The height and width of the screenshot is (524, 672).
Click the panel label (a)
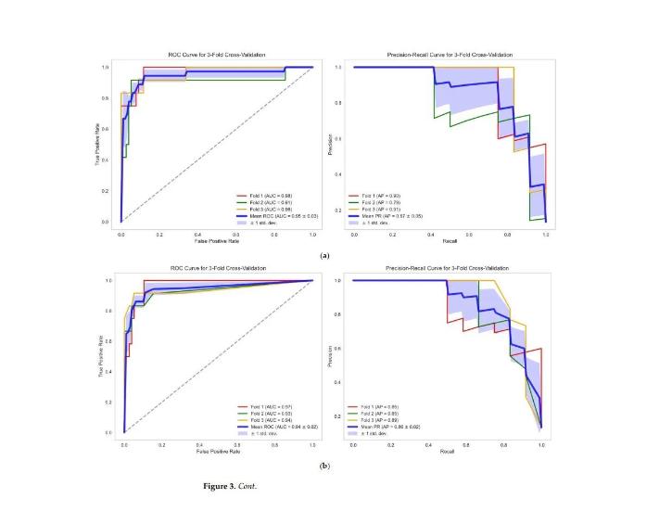[x=324, y=255]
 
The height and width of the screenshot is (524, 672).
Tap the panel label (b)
[x=324, y=465]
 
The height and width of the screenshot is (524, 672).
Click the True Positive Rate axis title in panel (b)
[x=102, y=356]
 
